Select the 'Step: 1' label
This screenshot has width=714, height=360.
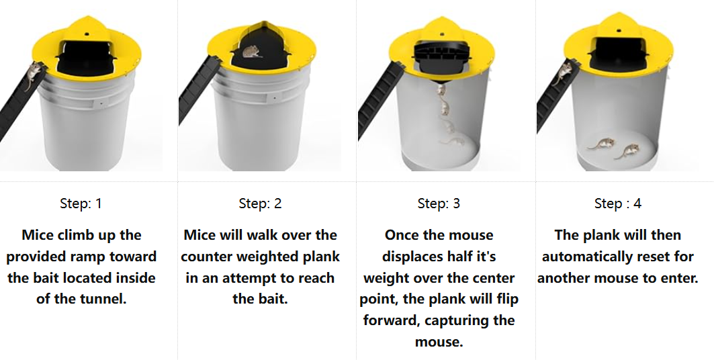(x=81, y=204)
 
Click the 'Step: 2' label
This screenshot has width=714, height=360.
(x=260, y=204)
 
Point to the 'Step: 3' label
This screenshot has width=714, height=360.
(x=439, y=204)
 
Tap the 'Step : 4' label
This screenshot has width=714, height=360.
(x=617, y=204)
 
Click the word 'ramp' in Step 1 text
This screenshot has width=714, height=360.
(x=94, y=257)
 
